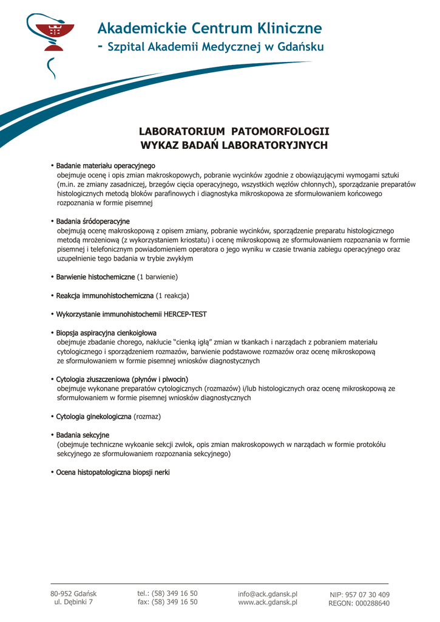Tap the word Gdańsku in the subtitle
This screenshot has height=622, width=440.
click(301, 47)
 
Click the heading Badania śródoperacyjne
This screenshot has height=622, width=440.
click(93, 221)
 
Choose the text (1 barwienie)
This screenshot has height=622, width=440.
click(157, 277)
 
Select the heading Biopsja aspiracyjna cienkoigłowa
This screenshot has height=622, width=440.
click(106, 333)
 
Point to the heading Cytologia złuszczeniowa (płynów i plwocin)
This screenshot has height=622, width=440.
click(122, 380)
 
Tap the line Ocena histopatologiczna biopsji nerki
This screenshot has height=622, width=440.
click(113, 472)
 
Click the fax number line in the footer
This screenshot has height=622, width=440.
click(168, 602)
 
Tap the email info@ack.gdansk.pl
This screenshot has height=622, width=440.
click(268, 593)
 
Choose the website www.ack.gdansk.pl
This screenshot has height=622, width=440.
click(268, 602)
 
